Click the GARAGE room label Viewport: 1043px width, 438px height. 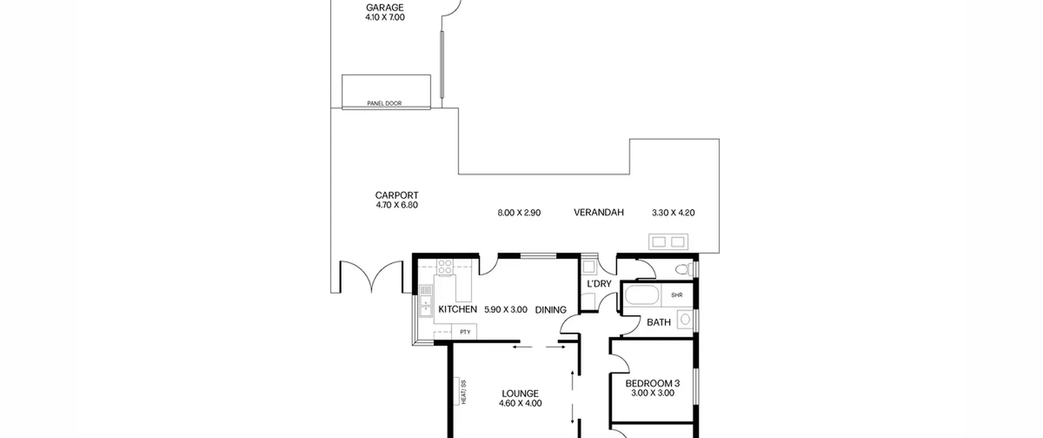[x=385, y=7]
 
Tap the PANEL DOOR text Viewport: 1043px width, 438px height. [x=384, y=103]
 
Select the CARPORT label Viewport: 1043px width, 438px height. [x=397, y=195]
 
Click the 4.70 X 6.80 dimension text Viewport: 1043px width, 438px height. [x=397, y=205]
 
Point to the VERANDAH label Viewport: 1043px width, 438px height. [x=599, y=212]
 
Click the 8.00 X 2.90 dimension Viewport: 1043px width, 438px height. [x=519, y=213]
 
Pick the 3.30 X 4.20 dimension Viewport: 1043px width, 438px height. [x=673, y=213]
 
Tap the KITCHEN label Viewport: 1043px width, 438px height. [x=458, y=309]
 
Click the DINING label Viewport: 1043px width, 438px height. [x=550, y=310]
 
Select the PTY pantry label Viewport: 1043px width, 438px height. [x=465, y=332]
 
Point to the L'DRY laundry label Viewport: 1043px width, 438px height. [x=599, y=284]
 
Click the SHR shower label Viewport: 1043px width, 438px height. [x=677, y=295]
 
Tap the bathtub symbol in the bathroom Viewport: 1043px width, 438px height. [x=642, y=295]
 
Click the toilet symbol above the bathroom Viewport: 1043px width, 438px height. [x=683, y=269]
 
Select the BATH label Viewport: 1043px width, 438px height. [x=658, y=322]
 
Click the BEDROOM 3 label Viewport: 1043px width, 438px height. [x=652, y=383]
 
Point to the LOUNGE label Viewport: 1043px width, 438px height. [x=520, y=394]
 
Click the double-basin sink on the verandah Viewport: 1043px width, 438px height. [x=668, y=242]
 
